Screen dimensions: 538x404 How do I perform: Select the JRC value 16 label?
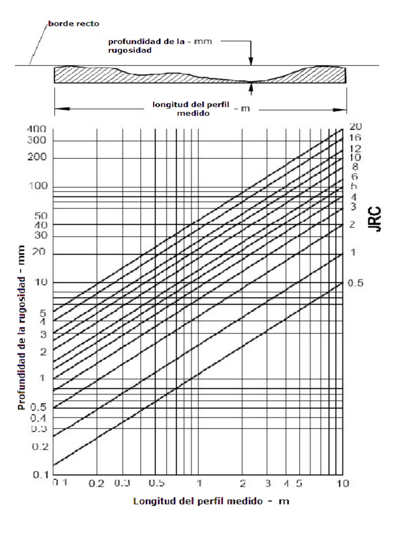click(355, 137)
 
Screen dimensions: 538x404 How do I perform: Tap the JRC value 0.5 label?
click(355, 283)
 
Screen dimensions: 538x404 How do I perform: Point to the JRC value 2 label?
click(353, 225)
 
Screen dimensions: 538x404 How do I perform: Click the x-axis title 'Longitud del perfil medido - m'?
click(211, 501)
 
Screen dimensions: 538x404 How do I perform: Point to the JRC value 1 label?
click(353, 253)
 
